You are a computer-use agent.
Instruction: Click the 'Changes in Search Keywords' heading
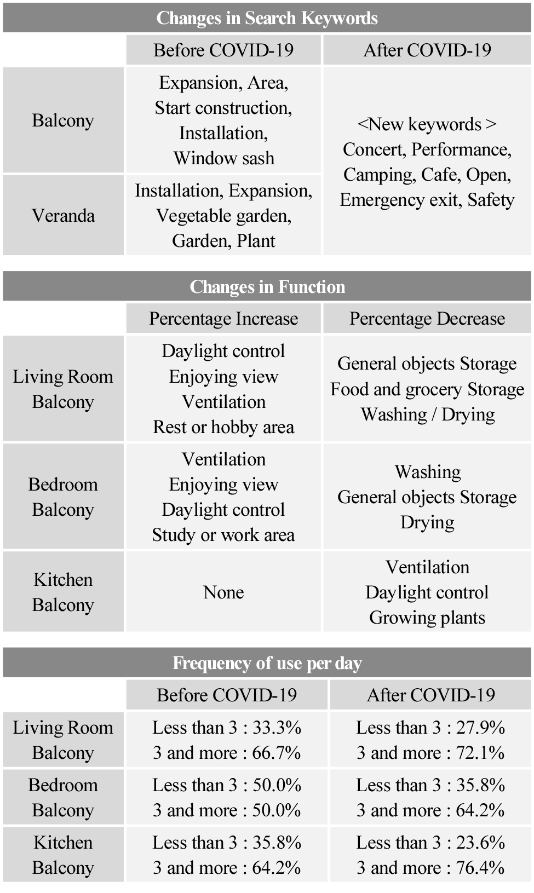pyautogui.click(x=267, y=18)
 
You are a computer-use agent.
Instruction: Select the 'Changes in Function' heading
pyautogui.click(x=267, y=287)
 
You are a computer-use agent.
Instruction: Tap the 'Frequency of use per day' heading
pyautogui.click(x=267, y=663)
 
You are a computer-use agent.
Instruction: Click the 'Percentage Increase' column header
pyautogui.click(x=223, y=319)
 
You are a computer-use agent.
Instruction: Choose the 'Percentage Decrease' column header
pyautogui.click(x=427, y=319)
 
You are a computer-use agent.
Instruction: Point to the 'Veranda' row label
pyautogui.click(x=63, y=216)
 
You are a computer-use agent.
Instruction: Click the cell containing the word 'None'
pyautogui.click(x=223, y=592)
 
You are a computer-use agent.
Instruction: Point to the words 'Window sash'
pyautogui.click(x=223, y=158)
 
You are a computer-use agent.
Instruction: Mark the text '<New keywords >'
pyautogui.click(x=427, y=124)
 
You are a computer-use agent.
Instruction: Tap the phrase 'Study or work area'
pyautogui.click(x=223, y=535)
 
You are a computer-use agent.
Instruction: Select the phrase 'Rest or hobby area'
pyautogui.click(x=223, y=427)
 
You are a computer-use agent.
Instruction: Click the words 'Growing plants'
pyautogui.click(x=427, y=618)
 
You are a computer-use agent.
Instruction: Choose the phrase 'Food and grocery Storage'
pyautogui.click(x=427, y=389)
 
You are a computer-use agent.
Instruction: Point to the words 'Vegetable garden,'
pyautogui.click(x=223, y=216)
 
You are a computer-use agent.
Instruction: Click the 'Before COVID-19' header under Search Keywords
pyautogui.click(x=223, y=50)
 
